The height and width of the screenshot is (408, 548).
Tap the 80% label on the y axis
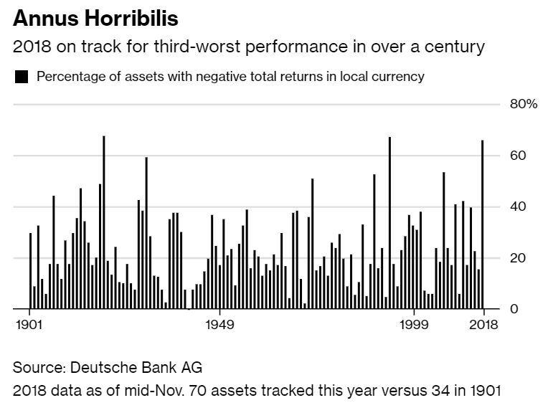[523, 104]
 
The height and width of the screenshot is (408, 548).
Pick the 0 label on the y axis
[514, 309]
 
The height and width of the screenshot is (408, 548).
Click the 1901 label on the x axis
[30, 325]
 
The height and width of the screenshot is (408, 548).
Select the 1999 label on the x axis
[413, 325]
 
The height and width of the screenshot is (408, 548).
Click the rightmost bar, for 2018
[483, 224]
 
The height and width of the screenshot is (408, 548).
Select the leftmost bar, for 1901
[31, 271]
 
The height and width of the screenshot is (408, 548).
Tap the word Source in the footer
[39, 368]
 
